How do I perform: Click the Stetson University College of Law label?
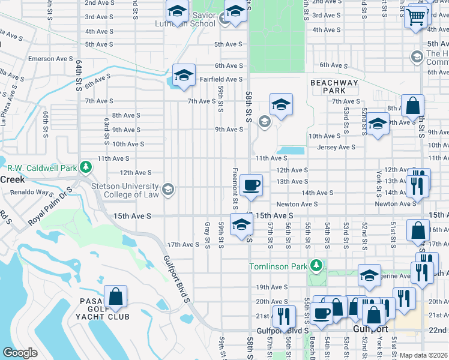(x=125, y=190)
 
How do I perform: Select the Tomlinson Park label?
(x=278, y=266)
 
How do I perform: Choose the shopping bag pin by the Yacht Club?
(x=115, y=296)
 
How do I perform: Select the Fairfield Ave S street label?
(x=221, y=79)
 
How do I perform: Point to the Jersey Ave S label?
(x=336, y=147)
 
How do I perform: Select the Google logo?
(x=20, y=353)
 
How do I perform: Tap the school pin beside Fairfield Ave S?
(x=183, y=74)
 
